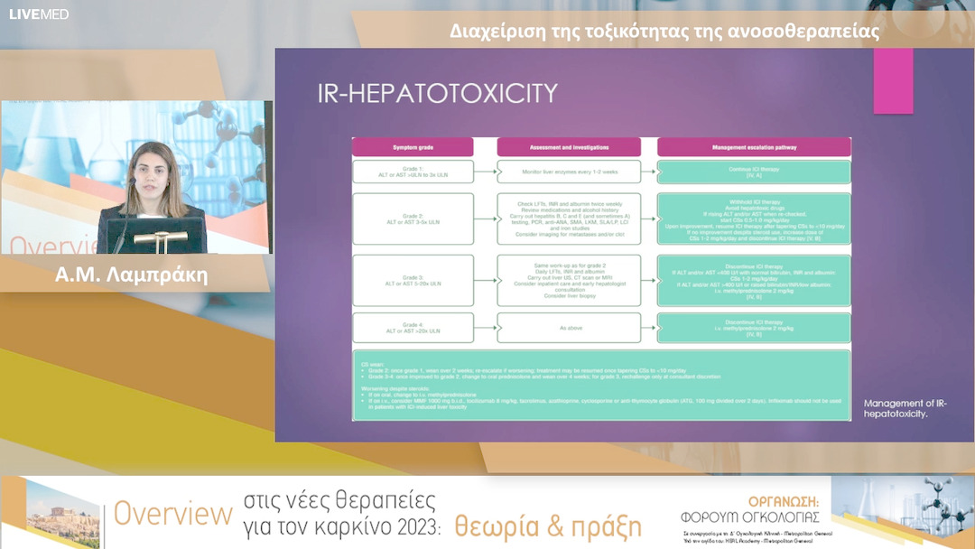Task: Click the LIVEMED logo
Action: (39, 14)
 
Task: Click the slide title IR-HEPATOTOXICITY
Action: (436, 94)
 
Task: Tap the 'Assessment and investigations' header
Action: (569, 145)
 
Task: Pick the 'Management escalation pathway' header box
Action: (754, 145)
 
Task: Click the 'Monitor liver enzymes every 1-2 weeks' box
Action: (569, 172)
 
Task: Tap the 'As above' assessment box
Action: (569, 327)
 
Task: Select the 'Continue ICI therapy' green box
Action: (754, 172)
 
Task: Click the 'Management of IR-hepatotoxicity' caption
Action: (905, 408)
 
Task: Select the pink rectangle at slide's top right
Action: (893, 80)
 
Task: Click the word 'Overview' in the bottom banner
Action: (172, 515)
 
